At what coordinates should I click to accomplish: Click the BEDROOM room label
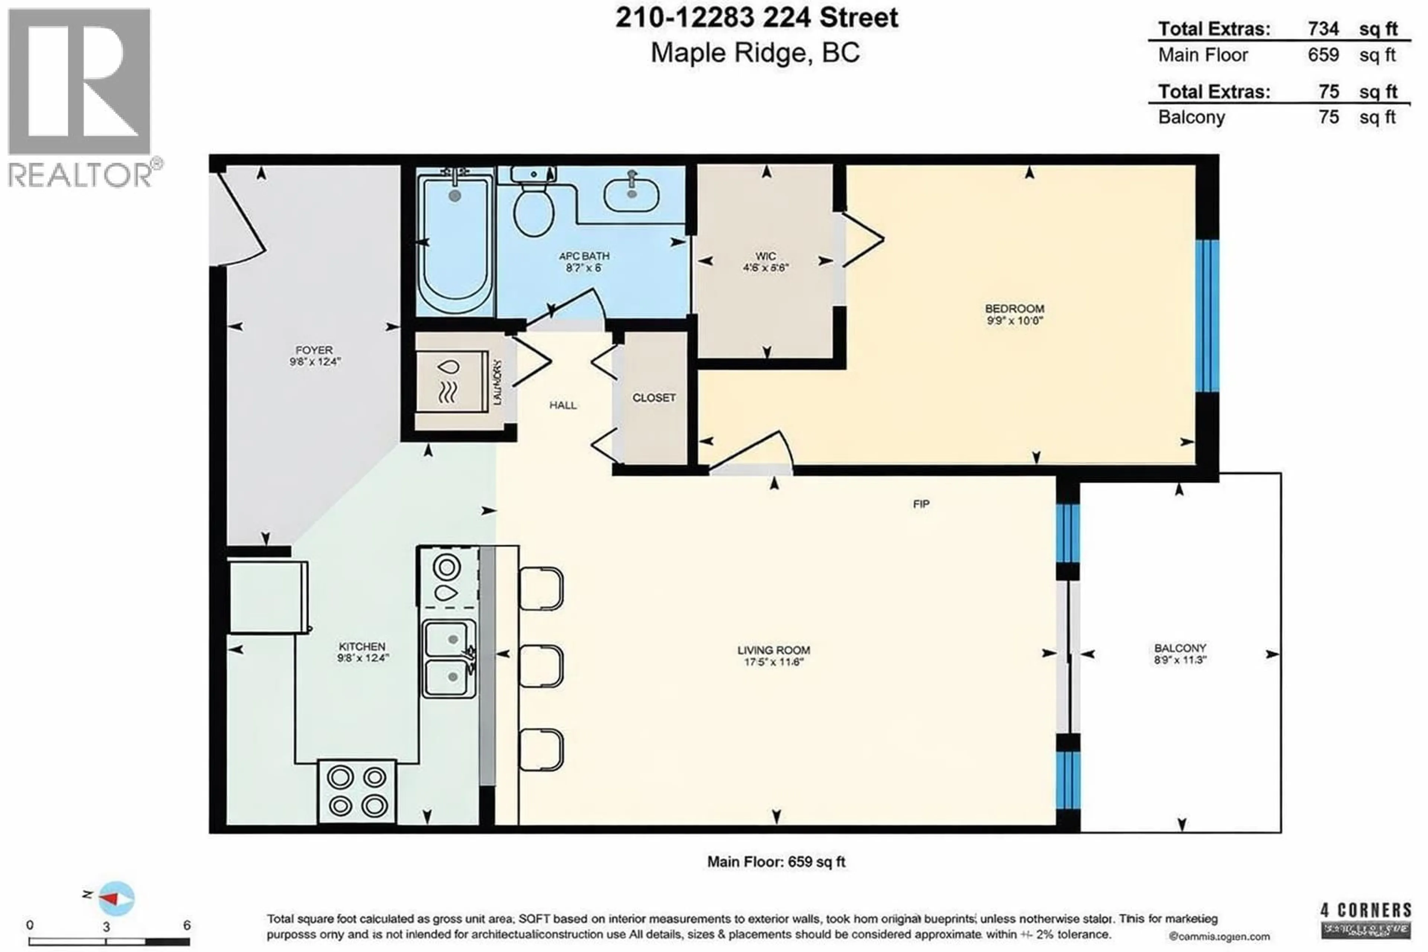pyautogui.click(x=1014, y=309)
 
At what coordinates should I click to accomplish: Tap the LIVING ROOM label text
pyautogui.click(x=773, y=650)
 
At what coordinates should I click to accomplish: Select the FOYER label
pyautogui.click(x=314, y=350)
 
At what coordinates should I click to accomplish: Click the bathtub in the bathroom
pyautogui.click(x=455, y=243)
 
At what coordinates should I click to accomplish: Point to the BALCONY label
pyautogui.click(x=1180, y=649)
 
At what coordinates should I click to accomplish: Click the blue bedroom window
pyautogui.click(x=1207, y=316)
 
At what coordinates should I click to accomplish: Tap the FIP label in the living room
pyautogui.click(x=921, y=504)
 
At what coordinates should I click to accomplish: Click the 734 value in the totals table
pyautogui.click(x=1324, y=29)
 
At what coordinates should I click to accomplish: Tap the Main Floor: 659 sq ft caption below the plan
pyautogui.click(x=776, y=862)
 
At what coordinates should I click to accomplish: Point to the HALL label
pyautogui.click(x=563, y=405)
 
